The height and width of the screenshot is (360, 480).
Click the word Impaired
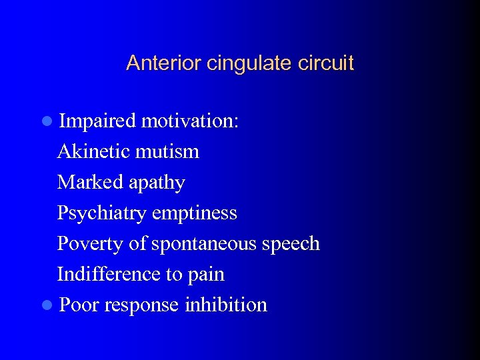97,121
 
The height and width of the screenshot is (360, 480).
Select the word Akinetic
93,151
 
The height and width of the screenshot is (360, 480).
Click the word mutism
167,151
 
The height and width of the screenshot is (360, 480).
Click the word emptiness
194,213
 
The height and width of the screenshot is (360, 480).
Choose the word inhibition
226,305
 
